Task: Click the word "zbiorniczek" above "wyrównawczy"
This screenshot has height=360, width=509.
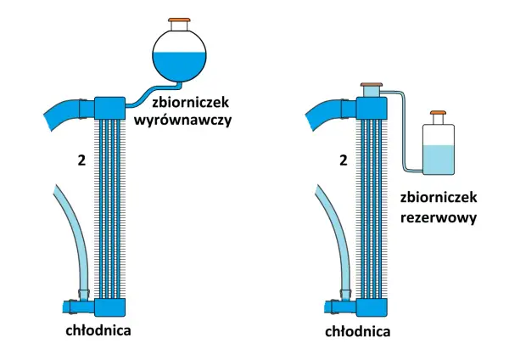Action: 191,103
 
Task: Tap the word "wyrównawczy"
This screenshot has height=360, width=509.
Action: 182,121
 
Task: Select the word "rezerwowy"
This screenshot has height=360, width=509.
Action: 439,218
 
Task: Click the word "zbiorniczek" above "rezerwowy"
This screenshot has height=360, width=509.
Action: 439,197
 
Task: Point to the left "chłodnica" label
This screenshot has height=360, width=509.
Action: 98,330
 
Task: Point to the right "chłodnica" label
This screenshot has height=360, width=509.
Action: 358,331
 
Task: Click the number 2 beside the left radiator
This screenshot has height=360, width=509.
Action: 81,160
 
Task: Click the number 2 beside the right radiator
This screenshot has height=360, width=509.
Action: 343,160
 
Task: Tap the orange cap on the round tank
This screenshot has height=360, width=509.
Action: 179,20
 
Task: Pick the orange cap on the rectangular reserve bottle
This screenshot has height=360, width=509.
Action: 439,113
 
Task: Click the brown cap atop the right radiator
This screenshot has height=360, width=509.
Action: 372,84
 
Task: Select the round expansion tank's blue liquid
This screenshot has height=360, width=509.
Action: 179,66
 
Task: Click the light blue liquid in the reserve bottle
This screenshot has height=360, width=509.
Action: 439,160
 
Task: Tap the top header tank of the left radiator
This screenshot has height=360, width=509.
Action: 109,108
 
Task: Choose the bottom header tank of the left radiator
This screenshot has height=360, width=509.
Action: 109,307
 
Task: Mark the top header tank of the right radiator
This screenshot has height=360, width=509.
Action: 372,108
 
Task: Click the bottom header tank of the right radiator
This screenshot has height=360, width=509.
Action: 372,307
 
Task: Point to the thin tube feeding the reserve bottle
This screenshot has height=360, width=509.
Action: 404,130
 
